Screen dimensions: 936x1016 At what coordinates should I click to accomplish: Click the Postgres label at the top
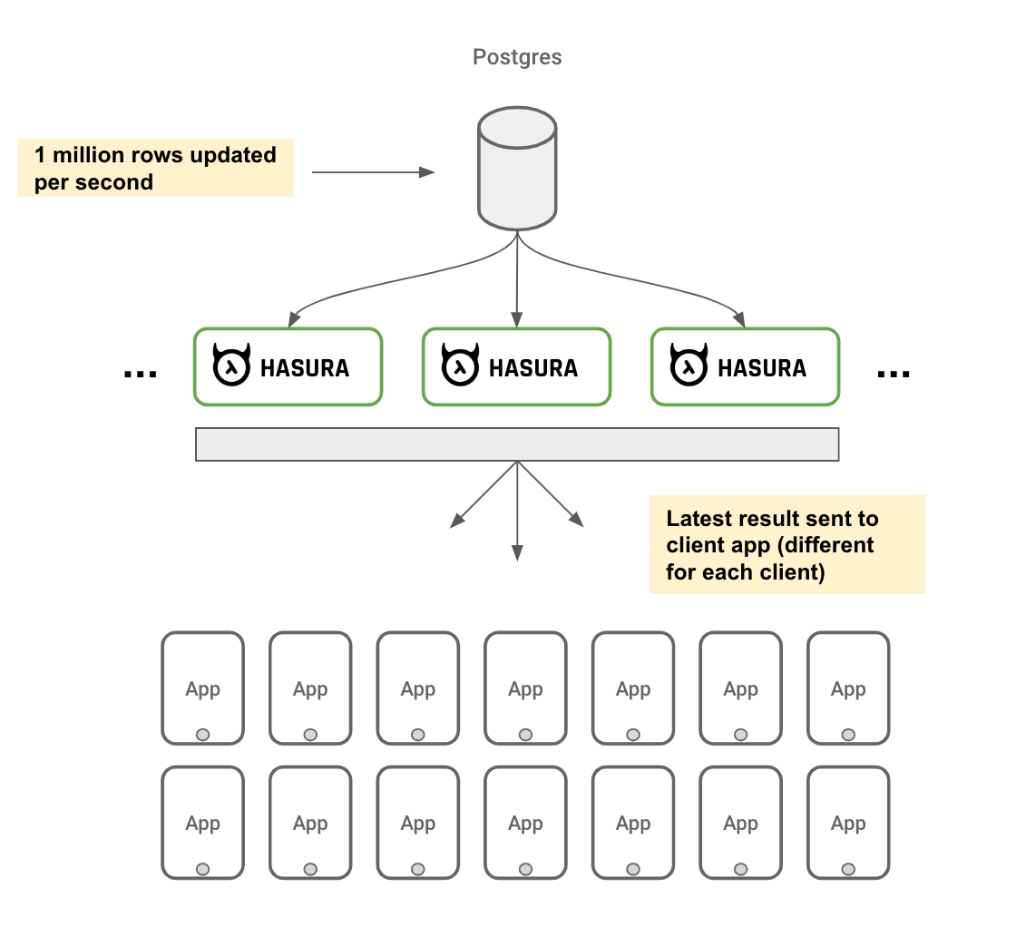click(x=517, y=57)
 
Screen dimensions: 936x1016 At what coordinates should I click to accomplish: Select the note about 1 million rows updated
click(x=155, y=168)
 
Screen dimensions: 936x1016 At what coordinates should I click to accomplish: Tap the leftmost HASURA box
click(x=288, y=366)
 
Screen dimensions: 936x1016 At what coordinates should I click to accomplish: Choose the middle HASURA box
click(x=516, y=366)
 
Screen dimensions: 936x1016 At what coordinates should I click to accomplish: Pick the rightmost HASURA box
click(x=745, y=366)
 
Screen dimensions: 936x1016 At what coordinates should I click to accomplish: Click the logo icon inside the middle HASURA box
click(x=460, y=366)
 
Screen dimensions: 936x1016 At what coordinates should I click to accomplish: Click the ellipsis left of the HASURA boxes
click(x=140, y=373)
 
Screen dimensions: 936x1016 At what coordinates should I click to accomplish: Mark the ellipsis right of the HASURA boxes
click(x=894, y=373)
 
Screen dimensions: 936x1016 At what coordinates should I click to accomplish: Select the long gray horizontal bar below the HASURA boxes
click(x=517, y=444)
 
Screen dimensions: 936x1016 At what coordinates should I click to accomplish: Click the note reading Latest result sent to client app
click(x=786, y=544)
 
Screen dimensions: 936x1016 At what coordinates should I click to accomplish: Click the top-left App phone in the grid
click(x=202, y=687)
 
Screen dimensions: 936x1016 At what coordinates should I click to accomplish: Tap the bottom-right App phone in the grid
click(x=848, y=822)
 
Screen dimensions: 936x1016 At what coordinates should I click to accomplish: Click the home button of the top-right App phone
click(x=848, y=734)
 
